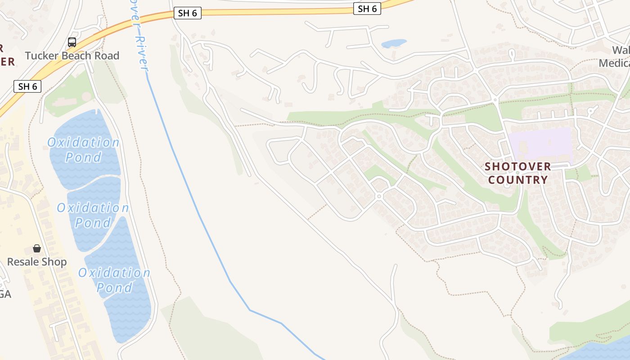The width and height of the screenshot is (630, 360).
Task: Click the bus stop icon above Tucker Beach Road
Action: point(72,42)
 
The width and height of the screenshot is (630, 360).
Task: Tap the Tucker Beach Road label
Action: point(72,56)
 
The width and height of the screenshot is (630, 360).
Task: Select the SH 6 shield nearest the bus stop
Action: point(27,86)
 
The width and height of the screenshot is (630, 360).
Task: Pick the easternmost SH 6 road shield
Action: point(367,9)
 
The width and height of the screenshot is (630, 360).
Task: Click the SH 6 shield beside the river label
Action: point(187,13)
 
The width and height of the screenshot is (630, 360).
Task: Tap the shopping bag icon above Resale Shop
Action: point(37,248)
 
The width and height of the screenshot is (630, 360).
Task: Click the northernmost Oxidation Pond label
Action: point(83,150)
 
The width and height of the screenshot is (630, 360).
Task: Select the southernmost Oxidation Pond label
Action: point(114,280)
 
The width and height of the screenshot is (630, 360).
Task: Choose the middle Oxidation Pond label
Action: point(93,215)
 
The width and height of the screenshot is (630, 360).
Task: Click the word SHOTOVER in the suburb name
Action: point(517,166)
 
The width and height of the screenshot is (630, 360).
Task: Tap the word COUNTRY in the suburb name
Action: point(518,180)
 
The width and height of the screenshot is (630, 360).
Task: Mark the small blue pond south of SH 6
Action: point(394,44)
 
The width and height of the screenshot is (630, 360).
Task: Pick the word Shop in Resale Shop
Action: point(55,262)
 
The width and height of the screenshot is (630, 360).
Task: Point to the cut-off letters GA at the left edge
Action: point(5,294)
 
